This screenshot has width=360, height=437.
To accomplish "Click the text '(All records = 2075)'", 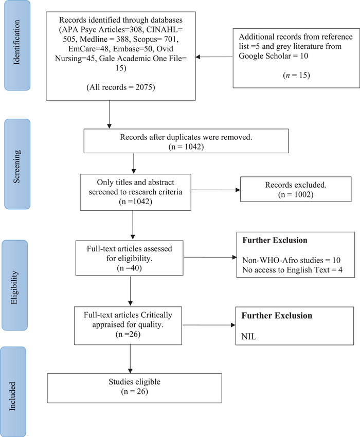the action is (x=120, y=87).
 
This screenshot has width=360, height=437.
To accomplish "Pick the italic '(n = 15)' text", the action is (x=296, y=75).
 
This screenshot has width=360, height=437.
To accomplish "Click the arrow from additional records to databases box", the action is (x=214, y=57).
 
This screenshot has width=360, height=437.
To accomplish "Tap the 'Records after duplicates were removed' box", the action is (x=186, y=141).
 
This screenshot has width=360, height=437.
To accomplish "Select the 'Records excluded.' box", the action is (x=296, y=189).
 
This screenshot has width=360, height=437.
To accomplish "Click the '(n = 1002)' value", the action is (x=296, y=194).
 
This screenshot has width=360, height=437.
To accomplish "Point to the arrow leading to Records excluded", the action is (x=215, y=190).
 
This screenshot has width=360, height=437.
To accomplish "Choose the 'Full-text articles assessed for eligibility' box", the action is (x=130, y=258).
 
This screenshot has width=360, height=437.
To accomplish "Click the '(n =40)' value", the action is (x=130, y=268).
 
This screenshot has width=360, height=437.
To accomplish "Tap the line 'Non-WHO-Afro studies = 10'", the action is (x=292, y=260).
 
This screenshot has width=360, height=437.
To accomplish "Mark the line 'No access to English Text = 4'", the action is (x=292, y=270).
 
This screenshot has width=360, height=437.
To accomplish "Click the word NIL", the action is (x=249, y=336).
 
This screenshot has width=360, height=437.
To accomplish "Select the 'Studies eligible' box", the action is (x=134, y=388).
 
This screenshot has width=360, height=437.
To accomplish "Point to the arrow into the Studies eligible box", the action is (x=130, y=359).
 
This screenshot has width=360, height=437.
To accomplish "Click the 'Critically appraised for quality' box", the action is (x=128, y=325).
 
